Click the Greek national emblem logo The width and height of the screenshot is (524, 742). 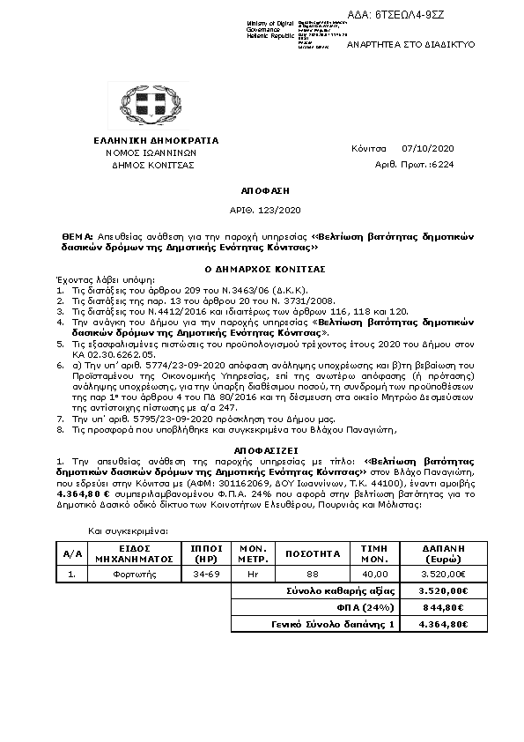[144, 105]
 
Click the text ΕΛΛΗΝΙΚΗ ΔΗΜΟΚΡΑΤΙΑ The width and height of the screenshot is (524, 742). [144, 140]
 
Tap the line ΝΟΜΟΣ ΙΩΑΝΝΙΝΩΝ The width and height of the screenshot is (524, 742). [144, 152]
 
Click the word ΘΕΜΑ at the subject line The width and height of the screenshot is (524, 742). [77, 238]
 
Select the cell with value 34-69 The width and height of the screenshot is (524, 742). [205, 575]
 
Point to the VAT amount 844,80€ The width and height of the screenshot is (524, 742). [443, 607]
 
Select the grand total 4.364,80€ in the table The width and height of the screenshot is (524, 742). [443, 624]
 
